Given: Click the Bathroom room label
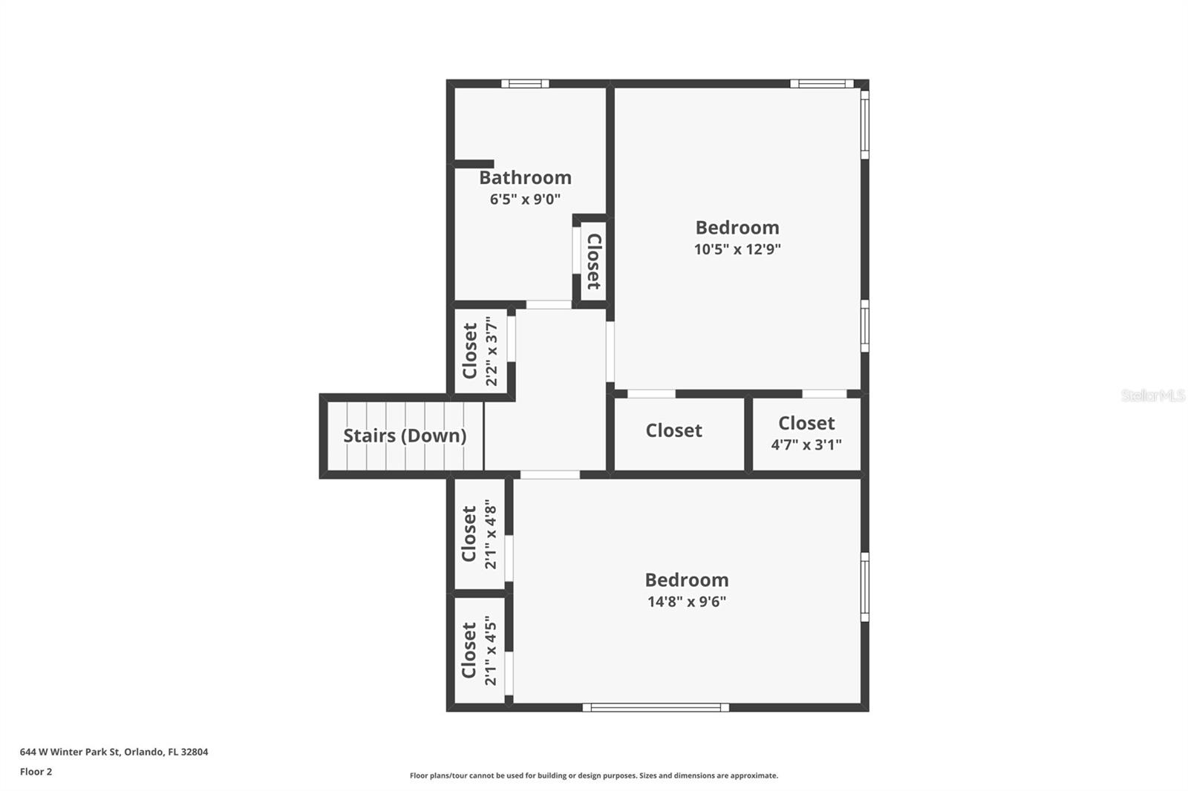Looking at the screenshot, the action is click(525, 177).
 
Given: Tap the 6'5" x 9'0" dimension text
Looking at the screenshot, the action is click(525, 200).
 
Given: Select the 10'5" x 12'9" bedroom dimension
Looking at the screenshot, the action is click(737, 249).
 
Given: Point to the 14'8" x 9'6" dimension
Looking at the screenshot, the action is click(687, 602).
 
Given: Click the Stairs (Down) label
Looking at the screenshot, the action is click(405, 436).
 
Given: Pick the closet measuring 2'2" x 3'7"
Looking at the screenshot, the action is click(480, 351).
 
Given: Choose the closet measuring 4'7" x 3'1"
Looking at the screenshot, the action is click(806, 433).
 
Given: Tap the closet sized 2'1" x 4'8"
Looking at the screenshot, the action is click(480, 534).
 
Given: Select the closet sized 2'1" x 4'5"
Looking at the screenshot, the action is click(480, 651).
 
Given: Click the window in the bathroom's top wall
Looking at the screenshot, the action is click(525, 83).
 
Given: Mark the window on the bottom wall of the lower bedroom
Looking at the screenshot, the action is click(656, 707).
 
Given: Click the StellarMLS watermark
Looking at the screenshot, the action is click(1154, 395).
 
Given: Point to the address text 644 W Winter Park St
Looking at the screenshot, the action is click(71, 752).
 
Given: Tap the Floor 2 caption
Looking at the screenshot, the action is click(36, 772).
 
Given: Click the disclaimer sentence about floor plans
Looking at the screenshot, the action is click(594, 775).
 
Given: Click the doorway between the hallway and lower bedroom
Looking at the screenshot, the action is click(549, 474).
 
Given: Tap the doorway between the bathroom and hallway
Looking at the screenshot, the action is click(549, 304).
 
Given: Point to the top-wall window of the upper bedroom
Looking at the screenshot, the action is click(821, 83).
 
